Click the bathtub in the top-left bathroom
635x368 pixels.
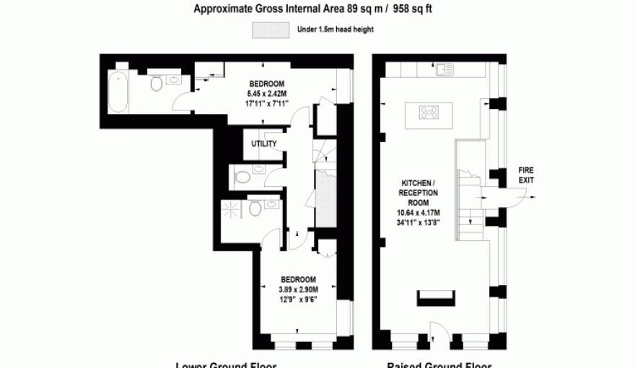click(119, 91)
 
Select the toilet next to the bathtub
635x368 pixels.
click(155, 85)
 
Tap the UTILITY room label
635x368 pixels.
click(263, 144)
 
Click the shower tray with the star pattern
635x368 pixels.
click(233, 210)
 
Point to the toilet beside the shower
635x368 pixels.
click(254, 209)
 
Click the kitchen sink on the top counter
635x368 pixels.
click(444, 70)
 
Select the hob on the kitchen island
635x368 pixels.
click(431, 112)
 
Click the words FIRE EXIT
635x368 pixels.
click(527, 175)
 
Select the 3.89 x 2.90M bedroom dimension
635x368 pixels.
click(297, 289)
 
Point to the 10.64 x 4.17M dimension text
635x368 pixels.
click(419, 213)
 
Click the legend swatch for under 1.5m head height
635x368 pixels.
click(270, 30)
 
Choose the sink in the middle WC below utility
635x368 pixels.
click(258, 172)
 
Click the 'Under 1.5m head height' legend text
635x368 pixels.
click(335, 30)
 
